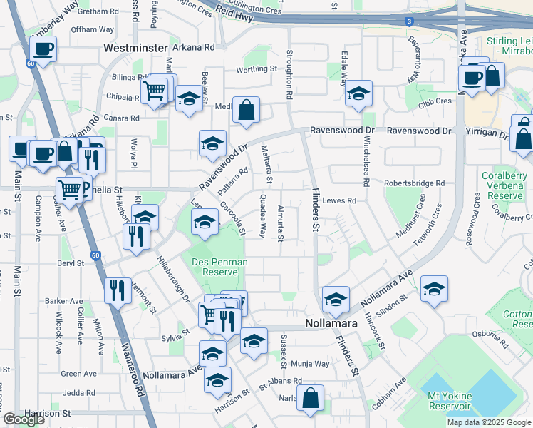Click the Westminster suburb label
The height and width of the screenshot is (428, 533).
pyautogui.click(x=138, y=48)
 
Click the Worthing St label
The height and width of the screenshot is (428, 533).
pyautogui.click(x=257, y=69)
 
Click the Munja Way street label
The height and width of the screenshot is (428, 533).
pyautogui.click(x=314, y=364)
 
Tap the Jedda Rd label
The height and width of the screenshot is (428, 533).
pyautogui.click(x=78, y=393)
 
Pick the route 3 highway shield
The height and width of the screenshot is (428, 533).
pyautogui.click(x=408, y=21)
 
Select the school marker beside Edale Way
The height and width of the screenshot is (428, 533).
pyautogui.click(x=358, y=93)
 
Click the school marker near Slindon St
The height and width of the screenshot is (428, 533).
pyautogui.click(x=433, y=288)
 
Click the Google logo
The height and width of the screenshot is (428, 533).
pyautogui.click(x=24, y=419)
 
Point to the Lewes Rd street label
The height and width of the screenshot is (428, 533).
pyautogui.click(x=339, y=201)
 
